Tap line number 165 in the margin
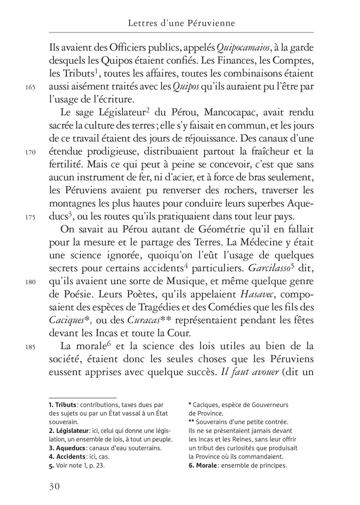tap(29, 88)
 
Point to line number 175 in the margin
tap(29, 217)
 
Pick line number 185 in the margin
tap(29, 346)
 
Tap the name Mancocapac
tap(221, 113)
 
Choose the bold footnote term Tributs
tap(64, 406)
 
